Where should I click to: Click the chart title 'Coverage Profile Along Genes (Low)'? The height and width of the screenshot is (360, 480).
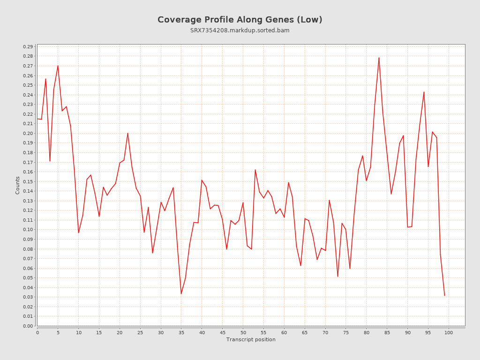(x=240, y=20)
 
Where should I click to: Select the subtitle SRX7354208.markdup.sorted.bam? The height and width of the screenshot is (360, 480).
(x=240, y=30)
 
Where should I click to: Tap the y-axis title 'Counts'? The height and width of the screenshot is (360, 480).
(x=17, y=185)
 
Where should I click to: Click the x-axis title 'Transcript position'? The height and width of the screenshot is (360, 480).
(x=251, y=339)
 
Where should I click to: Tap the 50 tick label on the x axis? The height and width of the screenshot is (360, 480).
(x=243, y=333)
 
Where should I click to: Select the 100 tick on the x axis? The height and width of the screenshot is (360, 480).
(x=449, y=333)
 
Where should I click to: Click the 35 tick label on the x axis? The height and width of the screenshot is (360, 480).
(x=181, y=333)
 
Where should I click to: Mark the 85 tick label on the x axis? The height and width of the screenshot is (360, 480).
(x=387, y=333)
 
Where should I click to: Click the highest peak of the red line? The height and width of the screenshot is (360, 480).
(x=379, y=58)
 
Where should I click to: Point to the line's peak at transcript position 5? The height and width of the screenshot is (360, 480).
(x=58, y=66)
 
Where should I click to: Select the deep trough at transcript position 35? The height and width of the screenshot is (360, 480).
(x=181, y=294)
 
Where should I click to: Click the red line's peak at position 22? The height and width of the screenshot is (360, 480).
(x=127, y=133)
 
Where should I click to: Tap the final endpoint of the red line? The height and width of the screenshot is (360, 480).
(x=444, y=296)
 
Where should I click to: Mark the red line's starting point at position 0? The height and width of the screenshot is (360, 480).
(x=37, y=119)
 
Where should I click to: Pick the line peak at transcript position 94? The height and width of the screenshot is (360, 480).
(x=424, y=92)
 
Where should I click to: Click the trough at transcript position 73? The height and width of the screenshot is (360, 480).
(x=337, y=277)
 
